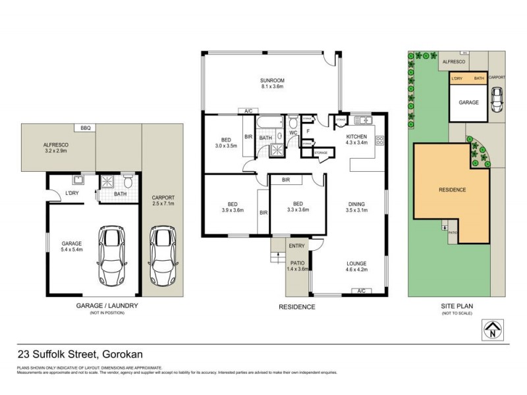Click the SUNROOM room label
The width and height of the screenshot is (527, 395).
click(271, 82)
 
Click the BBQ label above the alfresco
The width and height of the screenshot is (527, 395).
click(85, 128)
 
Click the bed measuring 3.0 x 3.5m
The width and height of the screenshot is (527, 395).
click(226, 143)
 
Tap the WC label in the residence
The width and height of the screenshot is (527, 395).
click(294, 132)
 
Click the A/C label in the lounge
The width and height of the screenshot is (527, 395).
click(360, 290)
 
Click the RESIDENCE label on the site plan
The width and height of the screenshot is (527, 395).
click(452, 190)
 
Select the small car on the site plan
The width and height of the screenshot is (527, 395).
click(497, 99)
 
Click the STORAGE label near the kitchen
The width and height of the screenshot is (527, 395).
click(321, 153)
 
